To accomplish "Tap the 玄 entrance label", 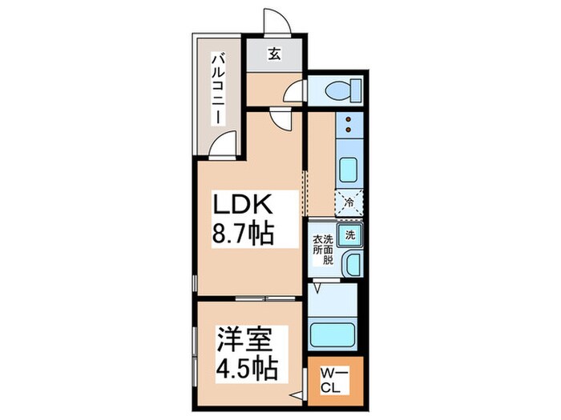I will (274, 54).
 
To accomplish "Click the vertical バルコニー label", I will (216, 87).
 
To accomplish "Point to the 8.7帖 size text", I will (244, 234).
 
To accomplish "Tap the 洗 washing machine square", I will (349, 235).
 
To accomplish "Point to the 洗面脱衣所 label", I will (322, 250).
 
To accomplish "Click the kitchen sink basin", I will (350, 170).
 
